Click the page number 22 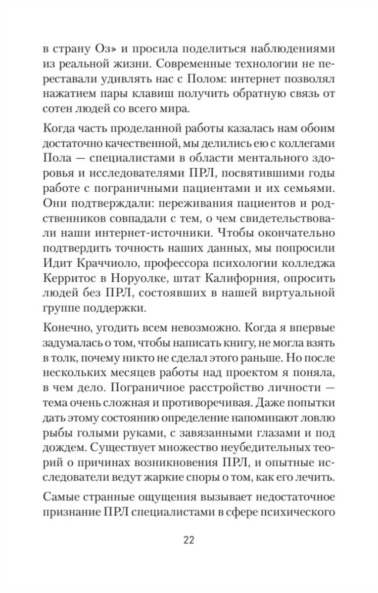(x=189, y=539)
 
